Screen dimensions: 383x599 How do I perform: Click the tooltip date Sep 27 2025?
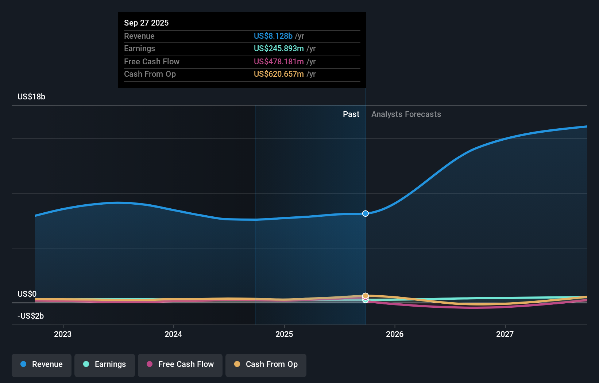point(146,23)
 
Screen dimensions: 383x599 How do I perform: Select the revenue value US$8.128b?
point(273,36)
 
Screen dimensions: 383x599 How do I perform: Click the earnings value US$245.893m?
point(279,48)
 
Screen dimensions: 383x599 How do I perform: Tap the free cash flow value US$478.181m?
point(279,61)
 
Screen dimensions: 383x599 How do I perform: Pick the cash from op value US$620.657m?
point(279,74)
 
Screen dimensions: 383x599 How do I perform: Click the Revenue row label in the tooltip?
point(139,36)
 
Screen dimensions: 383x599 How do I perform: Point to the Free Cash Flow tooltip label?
point(152,61)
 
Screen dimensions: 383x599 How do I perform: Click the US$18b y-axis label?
point(31,96)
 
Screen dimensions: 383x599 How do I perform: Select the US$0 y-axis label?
point(27,294)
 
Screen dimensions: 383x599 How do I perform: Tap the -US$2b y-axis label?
point(31,316)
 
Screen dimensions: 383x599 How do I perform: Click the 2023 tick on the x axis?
point(63,334)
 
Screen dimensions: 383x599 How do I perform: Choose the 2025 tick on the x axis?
point(284,334)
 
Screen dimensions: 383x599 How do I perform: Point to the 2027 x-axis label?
point(505,334)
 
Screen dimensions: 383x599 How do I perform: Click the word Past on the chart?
point(351,114)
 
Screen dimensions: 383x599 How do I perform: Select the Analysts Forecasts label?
point(406,114)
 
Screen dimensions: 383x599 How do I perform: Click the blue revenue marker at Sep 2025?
point(366,213)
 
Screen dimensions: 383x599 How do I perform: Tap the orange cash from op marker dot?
point(366,295)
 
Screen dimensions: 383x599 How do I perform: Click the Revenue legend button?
point(42,364)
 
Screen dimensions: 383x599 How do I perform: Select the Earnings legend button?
point(105,364)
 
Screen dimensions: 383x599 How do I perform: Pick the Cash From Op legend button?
point(266,364)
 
